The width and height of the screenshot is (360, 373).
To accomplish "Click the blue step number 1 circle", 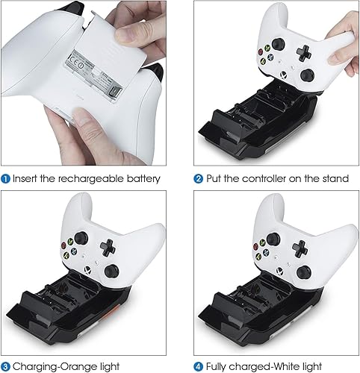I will click(6, 178).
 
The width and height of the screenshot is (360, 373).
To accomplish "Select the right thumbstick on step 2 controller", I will click(307, 76).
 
